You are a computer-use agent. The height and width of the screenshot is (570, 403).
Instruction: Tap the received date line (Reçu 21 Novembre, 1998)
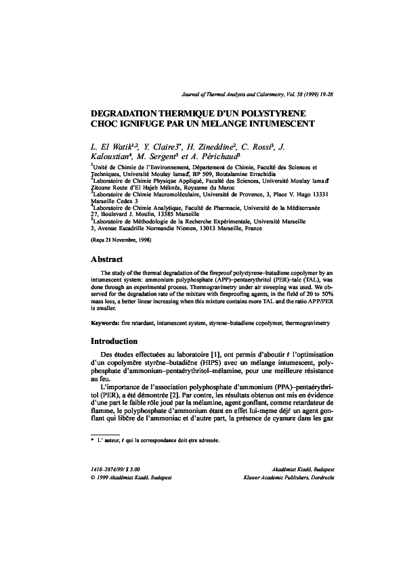tap(121, 240)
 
